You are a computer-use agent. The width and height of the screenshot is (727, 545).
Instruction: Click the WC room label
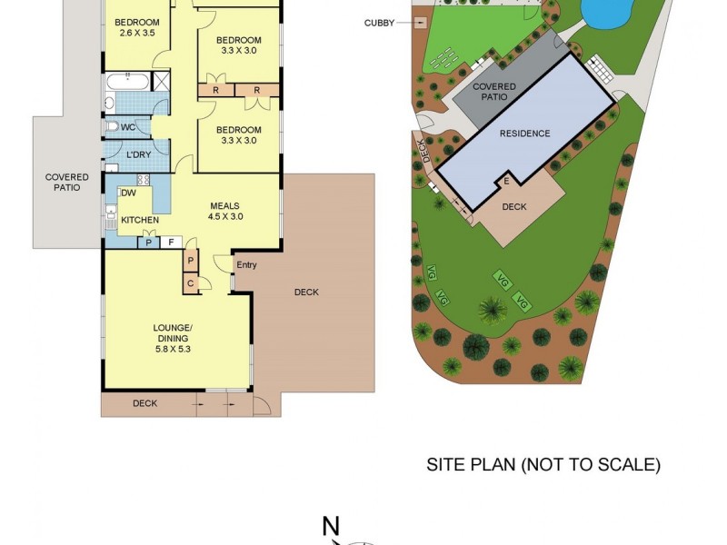click(x=128, y=127)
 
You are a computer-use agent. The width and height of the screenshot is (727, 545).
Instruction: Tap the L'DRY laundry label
click(x=138, y=154)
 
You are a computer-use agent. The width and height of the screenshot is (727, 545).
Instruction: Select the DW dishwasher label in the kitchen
click(x=128, y=193)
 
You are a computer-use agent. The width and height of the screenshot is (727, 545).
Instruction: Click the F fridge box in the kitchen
click(x=169, y=242)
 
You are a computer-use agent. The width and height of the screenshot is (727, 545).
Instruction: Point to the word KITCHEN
click(x=140, y=220)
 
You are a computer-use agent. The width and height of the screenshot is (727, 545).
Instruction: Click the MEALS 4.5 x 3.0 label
click(x=224, y=211)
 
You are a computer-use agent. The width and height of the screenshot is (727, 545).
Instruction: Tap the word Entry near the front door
click(x=246, y=265)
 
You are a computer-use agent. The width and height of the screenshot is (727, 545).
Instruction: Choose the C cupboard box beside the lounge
click(x=191, y=282)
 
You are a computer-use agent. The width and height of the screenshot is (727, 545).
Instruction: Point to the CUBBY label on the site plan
click(x=379, y=23)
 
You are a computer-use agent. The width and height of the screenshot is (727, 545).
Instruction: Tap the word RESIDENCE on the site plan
click(x=524, y=134)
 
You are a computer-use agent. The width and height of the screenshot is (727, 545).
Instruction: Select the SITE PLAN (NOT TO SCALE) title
click(x=543, y=464)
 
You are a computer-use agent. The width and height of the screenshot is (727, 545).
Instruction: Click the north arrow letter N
click(x=331, y=526)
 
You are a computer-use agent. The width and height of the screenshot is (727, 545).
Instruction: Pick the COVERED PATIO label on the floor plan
click(x=67, y=182)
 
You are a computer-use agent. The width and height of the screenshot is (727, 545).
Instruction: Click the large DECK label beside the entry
click(x=306, y=292)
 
